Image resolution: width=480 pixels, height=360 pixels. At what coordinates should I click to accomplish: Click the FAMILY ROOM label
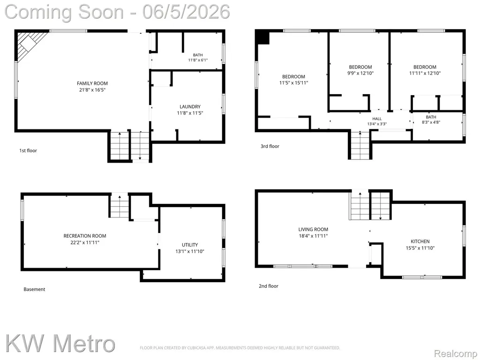(92, 83)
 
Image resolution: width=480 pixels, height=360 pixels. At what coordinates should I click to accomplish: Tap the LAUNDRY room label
(190, 106)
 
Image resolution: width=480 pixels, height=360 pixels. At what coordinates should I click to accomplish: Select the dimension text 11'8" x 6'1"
(198, 60)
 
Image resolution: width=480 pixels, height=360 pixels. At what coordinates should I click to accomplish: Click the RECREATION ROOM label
(85, 236)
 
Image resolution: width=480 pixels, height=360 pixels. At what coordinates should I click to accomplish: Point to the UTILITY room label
(190, 245)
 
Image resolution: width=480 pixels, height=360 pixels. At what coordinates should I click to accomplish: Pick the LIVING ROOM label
(313, 229)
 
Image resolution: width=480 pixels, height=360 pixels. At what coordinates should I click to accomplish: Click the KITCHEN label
(420, 241)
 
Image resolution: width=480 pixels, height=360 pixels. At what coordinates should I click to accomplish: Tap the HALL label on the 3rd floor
(377, 119)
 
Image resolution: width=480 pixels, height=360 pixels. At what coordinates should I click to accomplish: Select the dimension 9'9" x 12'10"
(360, 73)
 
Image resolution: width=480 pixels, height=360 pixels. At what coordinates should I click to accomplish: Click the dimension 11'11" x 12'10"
(425, 73)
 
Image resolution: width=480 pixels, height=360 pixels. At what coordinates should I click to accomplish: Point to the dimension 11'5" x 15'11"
(293, 82)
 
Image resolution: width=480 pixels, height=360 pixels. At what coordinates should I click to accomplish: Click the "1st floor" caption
(28, 150)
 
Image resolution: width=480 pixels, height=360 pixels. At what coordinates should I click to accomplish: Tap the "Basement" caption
(34, 289)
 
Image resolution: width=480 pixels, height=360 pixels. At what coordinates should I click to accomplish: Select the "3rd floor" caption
(270, 146)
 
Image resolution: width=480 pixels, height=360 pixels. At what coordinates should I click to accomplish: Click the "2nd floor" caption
(269, 286)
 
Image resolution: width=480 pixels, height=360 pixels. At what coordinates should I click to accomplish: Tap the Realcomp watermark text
(455, 354)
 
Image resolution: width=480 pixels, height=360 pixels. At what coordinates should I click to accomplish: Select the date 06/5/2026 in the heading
(186, 12)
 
